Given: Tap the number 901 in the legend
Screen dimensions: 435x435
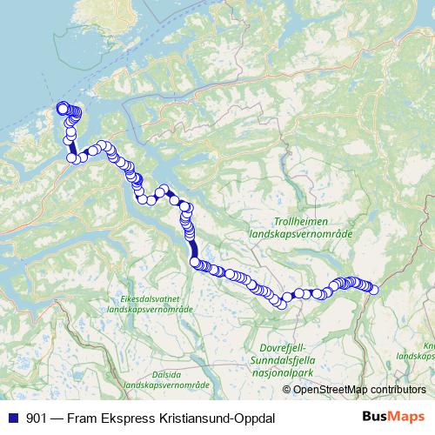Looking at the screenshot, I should (37, 418).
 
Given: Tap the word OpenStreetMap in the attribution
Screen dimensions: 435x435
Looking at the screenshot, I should (330, 389).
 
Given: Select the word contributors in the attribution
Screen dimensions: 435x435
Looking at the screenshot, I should (397, 389).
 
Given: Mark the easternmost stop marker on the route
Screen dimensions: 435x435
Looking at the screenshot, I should (375, 290).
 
